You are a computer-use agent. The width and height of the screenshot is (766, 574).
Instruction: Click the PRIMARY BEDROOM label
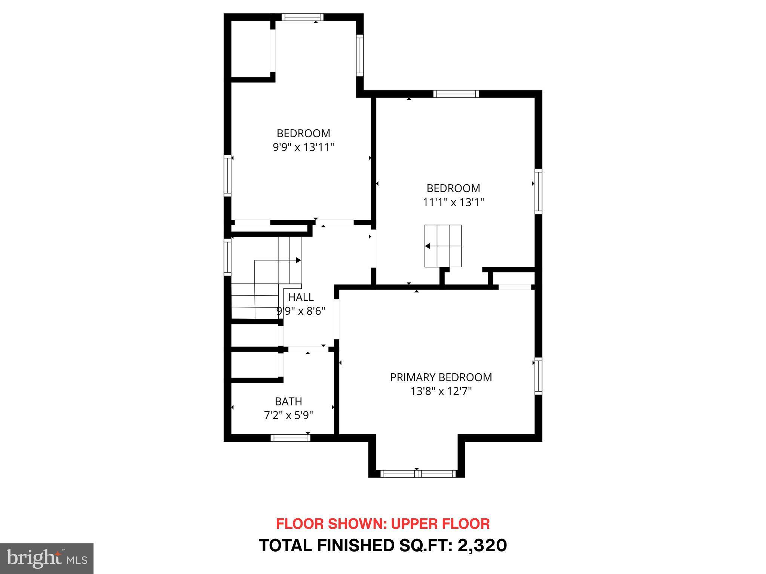coord(441,377)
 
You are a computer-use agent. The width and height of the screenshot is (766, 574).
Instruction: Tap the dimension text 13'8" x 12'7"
coord(441,392)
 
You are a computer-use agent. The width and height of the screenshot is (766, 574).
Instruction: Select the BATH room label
coord(288,401)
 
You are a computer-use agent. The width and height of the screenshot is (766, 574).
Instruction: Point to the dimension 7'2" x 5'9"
coord(288,416)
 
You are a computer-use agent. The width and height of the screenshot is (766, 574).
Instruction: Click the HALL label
coord(301,297)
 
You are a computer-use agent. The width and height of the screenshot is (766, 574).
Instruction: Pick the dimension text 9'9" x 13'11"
coord(303,148)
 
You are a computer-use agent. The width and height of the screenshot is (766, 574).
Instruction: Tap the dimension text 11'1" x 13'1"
coord(453,203)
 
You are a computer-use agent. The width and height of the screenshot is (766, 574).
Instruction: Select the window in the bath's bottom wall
coord(290,438)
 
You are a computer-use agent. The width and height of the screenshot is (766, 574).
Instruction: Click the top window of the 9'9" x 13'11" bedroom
coord(302,17)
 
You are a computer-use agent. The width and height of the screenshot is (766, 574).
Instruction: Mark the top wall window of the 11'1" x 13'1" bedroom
coord(456,94)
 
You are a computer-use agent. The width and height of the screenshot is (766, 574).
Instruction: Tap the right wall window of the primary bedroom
coord(538,376)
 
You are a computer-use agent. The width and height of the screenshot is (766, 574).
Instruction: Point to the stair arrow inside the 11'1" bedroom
coord(428,246)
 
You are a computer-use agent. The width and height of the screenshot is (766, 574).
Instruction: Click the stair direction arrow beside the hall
coord(298,260)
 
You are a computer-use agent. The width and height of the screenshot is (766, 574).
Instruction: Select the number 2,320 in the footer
coord(482,546)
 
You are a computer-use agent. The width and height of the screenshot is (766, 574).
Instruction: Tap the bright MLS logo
coord(47,558)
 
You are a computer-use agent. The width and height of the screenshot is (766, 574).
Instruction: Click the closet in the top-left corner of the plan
coord(250,49)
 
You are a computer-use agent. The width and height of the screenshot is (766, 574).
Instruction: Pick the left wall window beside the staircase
coord(227,257)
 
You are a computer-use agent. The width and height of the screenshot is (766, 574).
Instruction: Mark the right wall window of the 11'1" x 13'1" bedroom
coord(538,191)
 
